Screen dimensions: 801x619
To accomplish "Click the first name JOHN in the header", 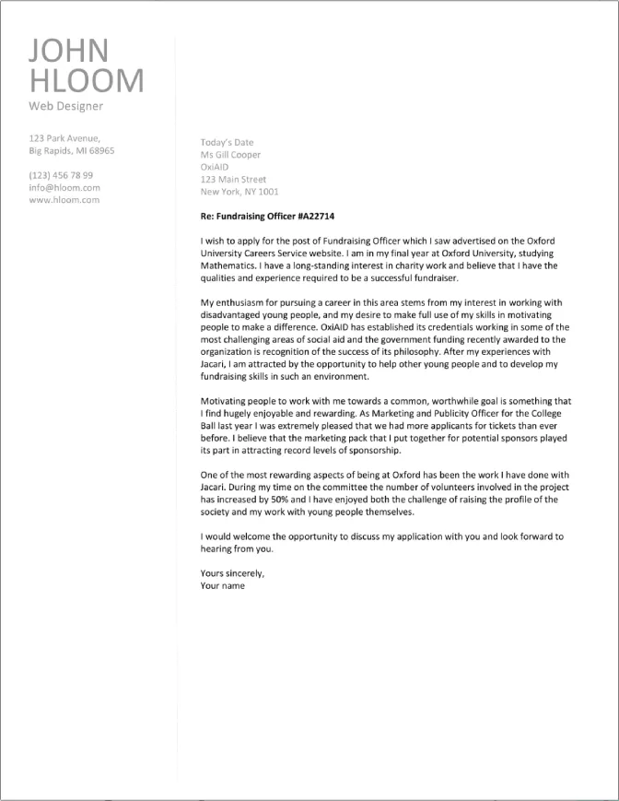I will pos(69,50).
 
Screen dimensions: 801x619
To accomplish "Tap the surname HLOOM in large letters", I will pos(87,80).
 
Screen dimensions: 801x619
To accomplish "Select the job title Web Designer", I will pos(66,106).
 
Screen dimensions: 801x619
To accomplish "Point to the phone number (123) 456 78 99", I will pos(61,174).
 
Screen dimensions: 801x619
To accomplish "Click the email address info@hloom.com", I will pos(64,186).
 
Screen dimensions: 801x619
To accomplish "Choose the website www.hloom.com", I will pos(64,199).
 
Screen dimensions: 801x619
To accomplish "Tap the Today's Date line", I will pos(227,143).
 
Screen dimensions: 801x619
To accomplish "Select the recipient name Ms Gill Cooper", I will pos(230,155).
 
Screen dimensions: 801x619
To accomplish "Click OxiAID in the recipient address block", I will pos(214,167).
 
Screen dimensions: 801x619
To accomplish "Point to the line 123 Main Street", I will pos(233,180).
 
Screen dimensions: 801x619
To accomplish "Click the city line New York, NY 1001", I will pos(239,192).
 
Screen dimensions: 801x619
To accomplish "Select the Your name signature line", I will pos(222,585).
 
